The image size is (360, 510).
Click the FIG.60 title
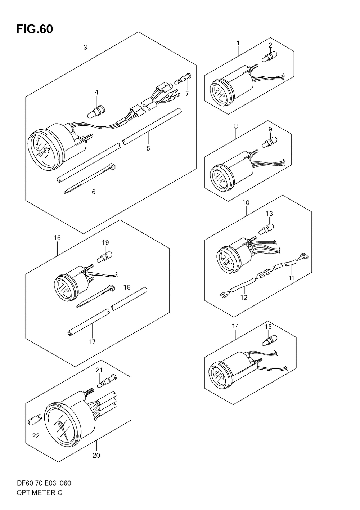click(x=35, y=29)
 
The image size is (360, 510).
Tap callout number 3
click(x=85, y=47)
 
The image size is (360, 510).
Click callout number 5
click(x=148, y=148)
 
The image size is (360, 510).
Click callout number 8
click(x=236, y=126)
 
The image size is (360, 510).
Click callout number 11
click(x=292, y=278)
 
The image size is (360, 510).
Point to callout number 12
click(x=244, y=297)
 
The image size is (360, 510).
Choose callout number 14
click(x=235, y=326)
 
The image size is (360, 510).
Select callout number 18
click(x=127, y=287)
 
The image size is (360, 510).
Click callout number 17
click(x=92, y=341)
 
